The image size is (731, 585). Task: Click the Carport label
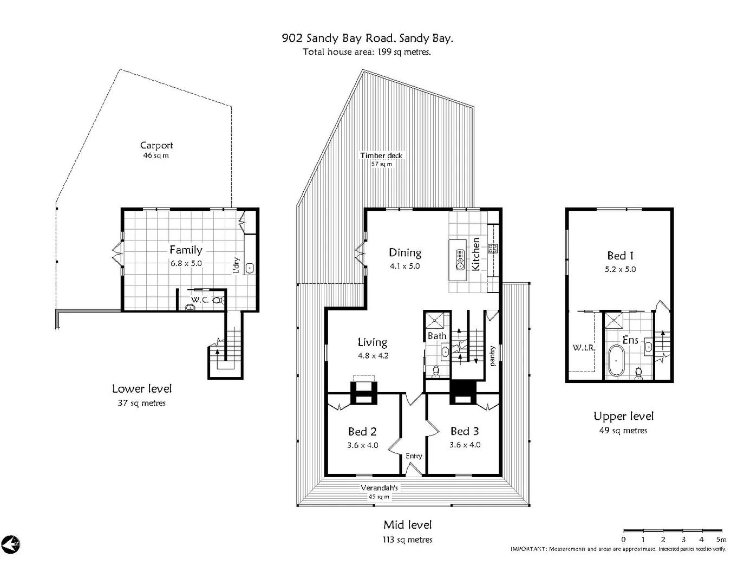click(x=156, y=145)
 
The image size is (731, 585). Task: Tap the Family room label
click(x=186, y=250)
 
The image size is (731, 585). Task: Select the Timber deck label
click(x=381, y=155)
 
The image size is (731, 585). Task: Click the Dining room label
click(x=405, y=252)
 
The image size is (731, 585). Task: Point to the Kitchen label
click(x=476, y=254)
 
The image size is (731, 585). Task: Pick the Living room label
click(x=373, y=342)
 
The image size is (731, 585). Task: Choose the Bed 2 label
click(x=362, y=432)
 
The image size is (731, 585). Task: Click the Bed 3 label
click(x=465, y=431)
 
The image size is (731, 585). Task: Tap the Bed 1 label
click(x=620, y=256)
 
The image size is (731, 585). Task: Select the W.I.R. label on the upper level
click(x=584, y=348)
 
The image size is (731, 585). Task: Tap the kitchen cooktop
click(x=493, y=249)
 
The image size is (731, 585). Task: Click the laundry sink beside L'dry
click(x=250, y=268)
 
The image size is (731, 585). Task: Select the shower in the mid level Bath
click(x=437, y=321)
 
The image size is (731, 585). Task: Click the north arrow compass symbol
click(x=10, y=544)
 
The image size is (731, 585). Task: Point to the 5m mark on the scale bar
click(x=721, y=539)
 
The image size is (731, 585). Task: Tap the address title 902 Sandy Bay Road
click(x=367, y=38)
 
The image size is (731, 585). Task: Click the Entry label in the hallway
click(x=414, y=456)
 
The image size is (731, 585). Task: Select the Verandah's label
click(x=379, y=487)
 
